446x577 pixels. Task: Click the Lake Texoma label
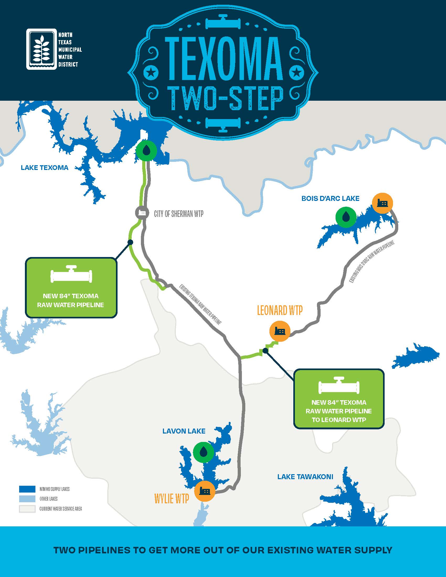click(x=44, y=168)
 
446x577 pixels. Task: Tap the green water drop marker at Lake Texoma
click(x=146, y=151)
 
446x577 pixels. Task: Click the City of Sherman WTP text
click(x=179, y=214)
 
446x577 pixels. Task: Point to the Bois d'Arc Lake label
click(x=330, y=199)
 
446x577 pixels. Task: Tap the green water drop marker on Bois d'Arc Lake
click(x=346, y=217)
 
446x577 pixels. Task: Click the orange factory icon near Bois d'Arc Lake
click(x=382, y=203)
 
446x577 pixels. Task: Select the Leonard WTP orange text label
click(x=280, y=311)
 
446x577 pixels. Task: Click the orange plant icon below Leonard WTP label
click(x=280, y=331)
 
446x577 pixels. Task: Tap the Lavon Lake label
click(x=184, y=431)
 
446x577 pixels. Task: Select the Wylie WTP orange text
click(x=172, y=499)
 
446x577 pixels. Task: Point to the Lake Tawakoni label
click(x=305, y=477)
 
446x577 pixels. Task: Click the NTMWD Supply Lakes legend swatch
click(x=27, y=489)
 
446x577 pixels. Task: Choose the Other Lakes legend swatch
click(x=27, y=499)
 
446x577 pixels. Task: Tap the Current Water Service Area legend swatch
click(x=27, y=509)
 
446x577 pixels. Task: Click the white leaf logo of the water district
click(x=41, y=49)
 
